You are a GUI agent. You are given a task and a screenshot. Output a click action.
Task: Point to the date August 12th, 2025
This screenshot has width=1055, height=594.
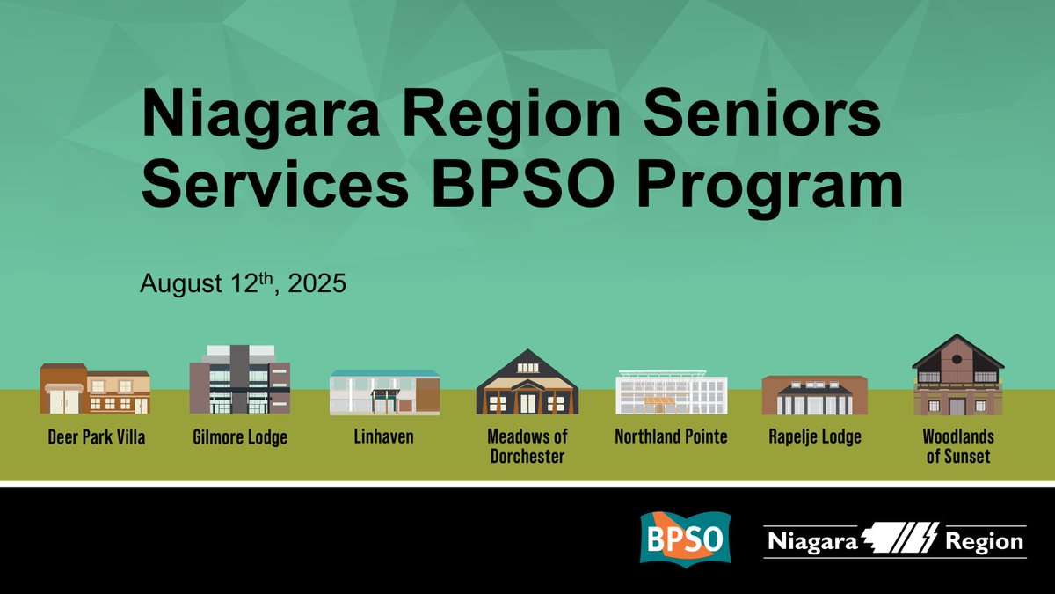(x=244, y=284)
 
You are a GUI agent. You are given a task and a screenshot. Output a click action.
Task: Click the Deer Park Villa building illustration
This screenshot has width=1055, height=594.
(x=94, y=388)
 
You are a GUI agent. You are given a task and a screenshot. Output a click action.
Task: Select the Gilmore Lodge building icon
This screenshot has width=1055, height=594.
(x=239, y=379)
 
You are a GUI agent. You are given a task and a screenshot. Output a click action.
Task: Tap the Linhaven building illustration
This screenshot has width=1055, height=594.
(x=384, y=392)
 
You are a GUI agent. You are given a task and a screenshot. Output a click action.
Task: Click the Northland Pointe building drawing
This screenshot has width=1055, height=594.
(x=671, y=392)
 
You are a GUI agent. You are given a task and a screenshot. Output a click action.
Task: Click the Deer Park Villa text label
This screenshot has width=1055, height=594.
(x=96, y=436)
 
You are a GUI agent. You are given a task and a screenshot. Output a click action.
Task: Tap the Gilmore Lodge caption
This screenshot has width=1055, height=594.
(x=239, y=436)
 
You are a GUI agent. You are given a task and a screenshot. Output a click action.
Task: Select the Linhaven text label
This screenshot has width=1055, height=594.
(x=384, y=436)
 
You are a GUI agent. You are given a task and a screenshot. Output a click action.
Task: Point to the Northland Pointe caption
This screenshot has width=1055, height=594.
(x=671, y=436)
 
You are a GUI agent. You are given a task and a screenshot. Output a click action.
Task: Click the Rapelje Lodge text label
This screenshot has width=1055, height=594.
(x=814, y=436)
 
